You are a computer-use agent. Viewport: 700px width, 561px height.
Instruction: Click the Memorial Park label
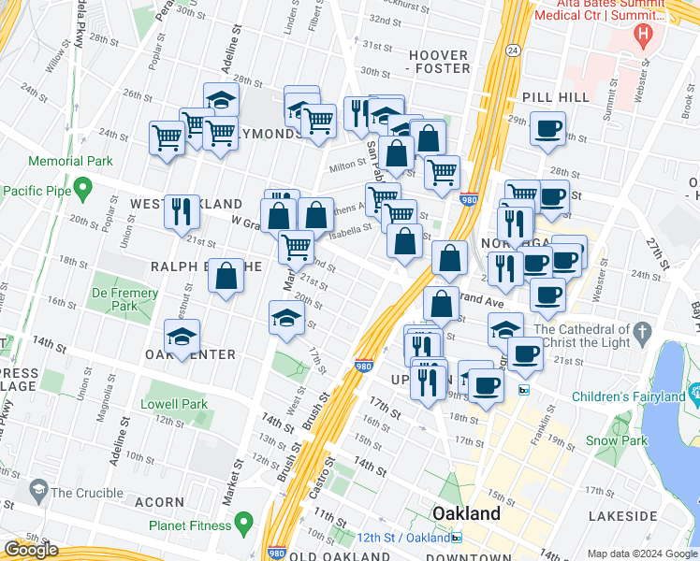(43, 161)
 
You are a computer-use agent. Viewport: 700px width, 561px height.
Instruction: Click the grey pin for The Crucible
(38, 489)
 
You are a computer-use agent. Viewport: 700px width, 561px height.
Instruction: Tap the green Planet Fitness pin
(244, 521)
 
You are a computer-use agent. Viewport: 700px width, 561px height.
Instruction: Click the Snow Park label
(616, 440)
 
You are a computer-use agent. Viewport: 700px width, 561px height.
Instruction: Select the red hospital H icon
(642, 36)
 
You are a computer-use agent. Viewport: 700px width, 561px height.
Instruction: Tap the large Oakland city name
(465, 513)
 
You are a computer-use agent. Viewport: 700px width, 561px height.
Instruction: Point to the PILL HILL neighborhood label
(556, 96)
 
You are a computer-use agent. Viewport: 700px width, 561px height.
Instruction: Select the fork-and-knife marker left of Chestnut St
(181, 210)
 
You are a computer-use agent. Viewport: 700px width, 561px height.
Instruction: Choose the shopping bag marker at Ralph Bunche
(226, 276)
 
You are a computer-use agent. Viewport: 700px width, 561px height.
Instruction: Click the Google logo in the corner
(31, 550)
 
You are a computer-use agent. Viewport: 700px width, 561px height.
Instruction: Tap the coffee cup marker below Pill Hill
(547, 127)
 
